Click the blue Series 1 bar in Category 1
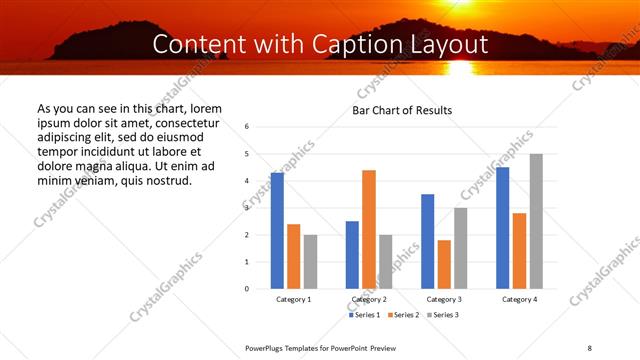[x=277, y=231]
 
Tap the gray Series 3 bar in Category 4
[x=536, y=221]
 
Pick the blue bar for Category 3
[x=427, y=241]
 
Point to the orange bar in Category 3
[x=444, y=264]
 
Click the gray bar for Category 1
[x=310, y=262]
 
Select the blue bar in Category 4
[x=502, y=228]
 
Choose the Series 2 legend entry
[x=404, y=315]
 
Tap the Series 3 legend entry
[x=443, y=315]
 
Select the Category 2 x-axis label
[x=369, y=299]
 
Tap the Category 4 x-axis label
[x=519, y=299]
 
